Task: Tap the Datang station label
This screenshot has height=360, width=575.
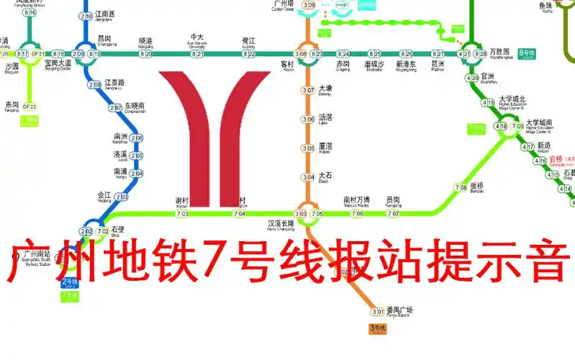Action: click(x=325, y=91)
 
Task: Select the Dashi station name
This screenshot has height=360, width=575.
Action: click(x=325, y=176)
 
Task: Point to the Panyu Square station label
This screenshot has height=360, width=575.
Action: click(x=399, y=311)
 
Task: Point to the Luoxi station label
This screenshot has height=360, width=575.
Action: click(x=119, y=155)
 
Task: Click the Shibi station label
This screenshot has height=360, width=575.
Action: click(x=117, y=230)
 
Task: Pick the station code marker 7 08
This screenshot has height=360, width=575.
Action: click(x=461, y=188)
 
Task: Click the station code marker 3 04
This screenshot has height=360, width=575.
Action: click(x=308, y=177)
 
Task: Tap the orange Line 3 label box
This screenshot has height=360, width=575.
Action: click(x=378, y=328)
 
